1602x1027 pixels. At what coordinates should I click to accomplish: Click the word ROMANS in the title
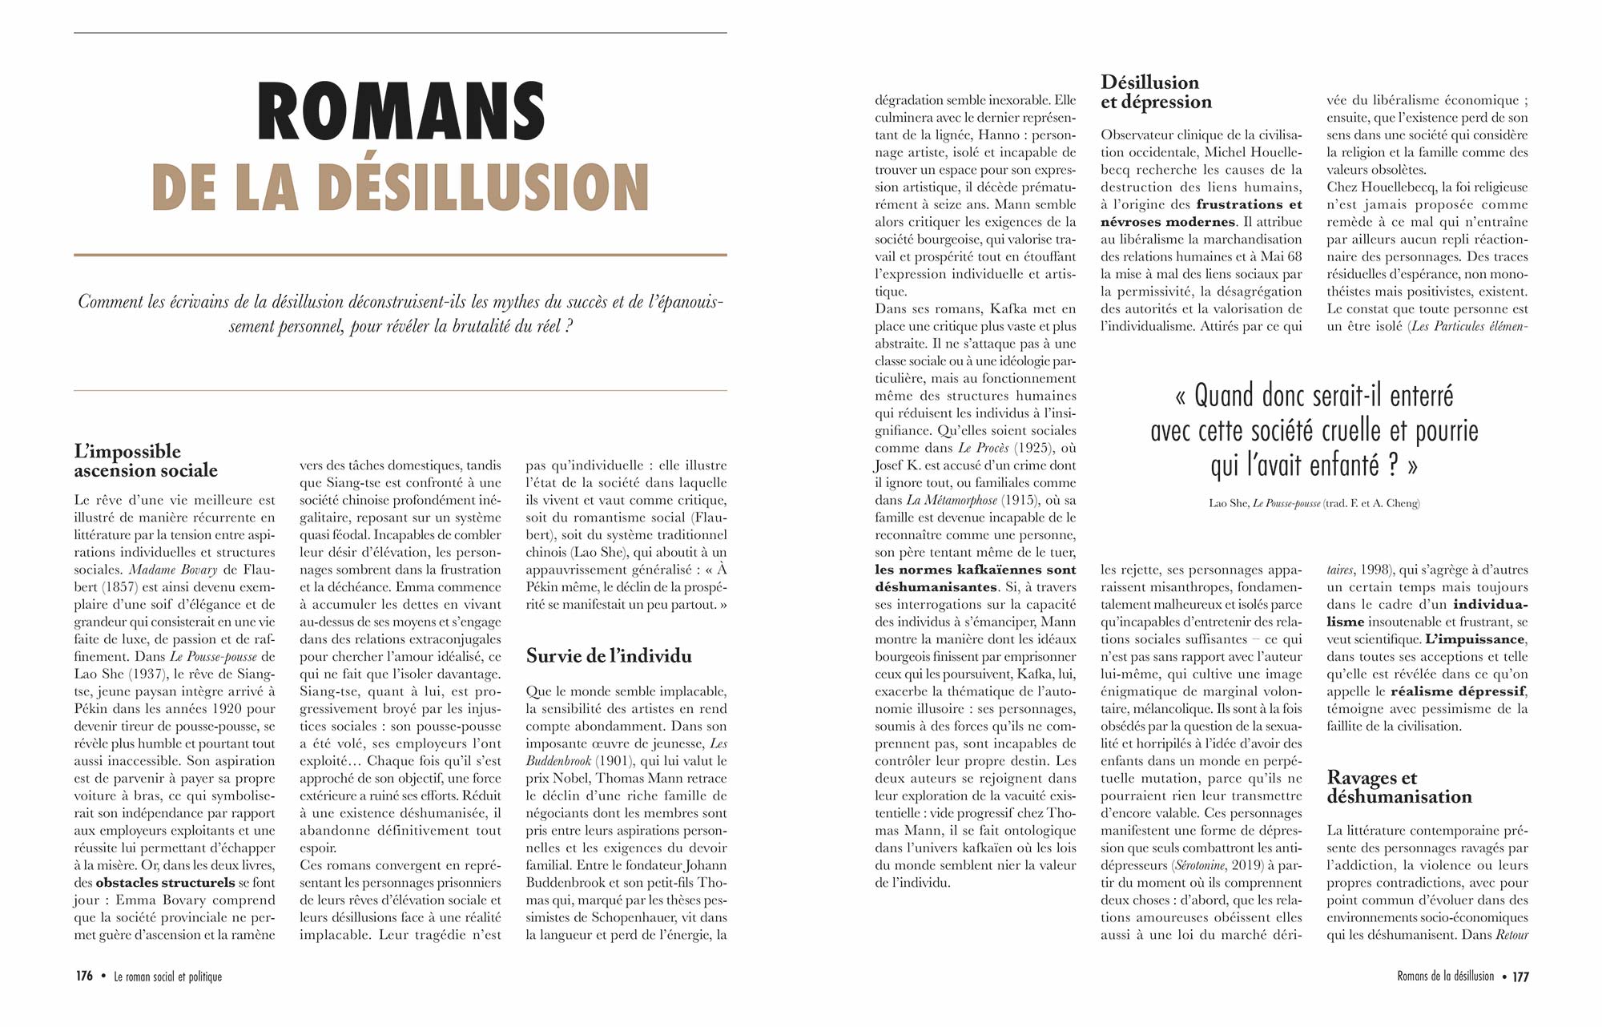[x=400, y=112]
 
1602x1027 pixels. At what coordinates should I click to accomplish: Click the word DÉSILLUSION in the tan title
[x=483, y=187]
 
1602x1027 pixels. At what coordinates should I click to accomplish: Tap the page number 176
[x=84, y=977]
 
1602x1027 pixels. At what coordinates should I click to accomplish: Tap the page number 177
[x=1520, y=977]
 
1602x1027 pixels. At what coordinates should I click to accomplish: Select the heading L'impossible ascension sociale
[x=145, y=461]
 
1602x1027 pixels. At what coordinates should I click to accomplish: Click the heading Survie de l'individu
[x=609, y=656]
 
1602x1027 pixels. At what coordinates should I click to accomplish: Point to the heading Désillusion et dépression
[x=1155, y=92]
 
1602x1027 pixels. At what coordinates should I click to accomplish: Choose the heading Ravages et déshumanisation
[x=1399, y=787]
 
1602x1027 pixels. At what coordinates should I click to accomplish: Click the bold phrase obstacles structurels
[x=165, y=883]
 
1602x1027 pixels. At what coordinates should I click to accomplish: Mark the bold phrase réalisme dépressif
[x=1457, y=691]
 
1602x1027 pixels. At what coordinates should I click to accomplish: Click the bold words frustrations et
[x=1249, y=204]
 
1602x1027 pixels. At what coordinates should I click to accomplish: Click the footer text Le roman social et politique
[x=167, y=977]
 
